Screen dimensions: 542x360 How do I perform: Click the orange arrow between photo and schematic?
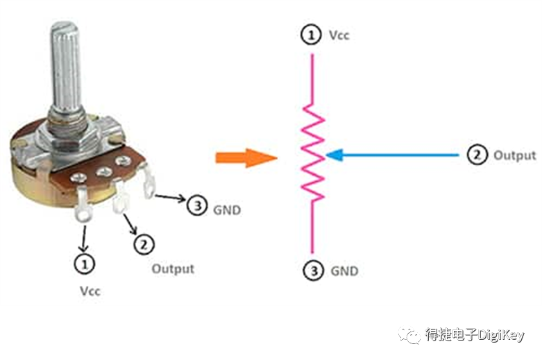click(x=246, y=158)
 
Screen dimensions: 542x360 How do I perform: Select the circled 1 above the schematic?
click(x=311, y=35)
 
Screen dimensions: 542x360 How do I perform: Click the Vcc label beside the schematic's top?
click(x=339, y=35)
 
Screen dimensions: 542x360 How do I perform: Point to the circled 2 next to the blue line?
click(x=477, y=155)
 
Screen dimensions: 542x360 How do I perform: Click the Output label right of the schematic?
click(x=515, y=155)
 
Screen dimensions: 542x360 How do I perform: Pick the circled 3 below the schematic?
click(x=314, y=270)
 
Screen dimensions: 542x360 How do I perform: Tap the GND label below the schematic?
click(x=344, y=271)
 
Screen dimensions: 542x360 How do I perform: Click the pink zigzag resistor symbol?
click(x=313, y=152)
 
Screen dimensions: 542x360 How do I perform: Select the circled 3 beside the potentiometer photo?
click(x=197, y=205)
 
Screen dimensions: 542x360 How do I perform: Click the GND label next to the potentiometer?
click(x=227, y=210)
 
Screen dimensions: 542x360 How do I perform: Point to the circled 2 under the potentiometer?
click(x=144, y=245)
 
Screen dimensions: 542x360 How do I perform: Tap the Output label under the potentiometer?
click(x=173, y=269)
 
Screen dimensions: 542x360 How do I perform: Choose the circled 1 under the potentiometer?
click(x=85, y=264)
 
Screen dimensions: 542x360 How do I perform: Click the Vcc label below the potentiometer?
click(x=90, y=291)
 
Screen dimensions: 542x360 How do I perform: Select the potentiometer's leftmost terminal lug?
click(x=83, y=204)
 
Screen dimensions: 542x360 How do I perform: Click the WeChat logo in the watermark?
click(x=409, y=334)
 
